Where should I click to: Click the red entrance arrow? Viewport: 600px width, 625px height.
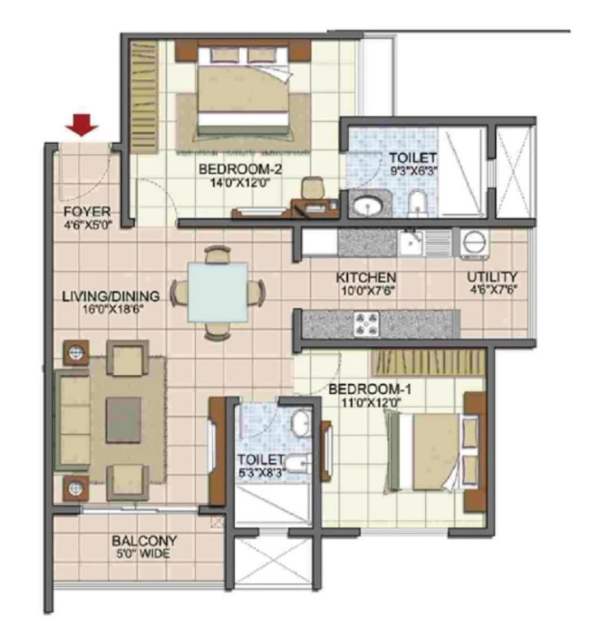tap(82, 125)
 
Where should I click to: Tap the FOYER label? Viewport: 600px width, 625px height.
tap(87, 212)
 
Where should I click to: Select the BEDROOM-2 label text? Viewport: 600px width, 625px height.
tap(240, 169)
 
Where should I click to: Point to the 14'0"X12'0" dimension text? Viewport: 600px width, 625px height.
tap(240, 183)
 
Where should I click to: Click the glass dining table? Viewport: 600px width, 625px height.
tap(218, 292)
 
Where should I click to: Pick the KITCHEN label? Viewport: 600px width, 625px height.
tap(366, 278)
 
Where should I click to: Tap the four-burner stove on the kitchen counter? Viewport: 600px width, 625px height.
tap(367, 323)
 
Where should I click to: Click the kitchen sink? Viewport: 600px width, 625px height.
tap(411, 243)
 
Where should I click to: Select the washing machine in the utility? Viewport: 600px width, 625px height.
tap(475, 243)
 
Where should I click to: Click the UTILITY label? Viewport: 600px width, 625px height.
tap(492, 277)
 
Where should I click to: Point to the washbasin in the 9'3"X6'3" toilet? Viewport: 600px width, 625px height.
tap(367, 205)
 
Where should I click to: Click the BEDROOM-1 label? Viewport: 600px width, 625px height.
tap(370, 389)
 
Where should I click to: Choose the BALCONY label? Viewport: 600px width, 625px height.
tap(144, 540)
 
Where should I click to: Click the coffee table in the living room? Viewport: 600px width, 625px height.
tap(124, 420)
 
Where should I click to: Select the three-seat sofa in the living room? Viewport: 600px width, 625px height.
tap(72, 420)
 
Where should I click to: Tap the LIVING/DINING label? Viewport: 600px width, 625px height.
tap(111, 296)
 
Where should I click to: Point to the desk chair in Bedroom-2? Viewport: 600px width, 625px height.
tap(312, 187)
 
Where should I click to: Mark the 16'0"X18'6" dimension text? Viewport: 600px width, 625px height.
tap(112, 309)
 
